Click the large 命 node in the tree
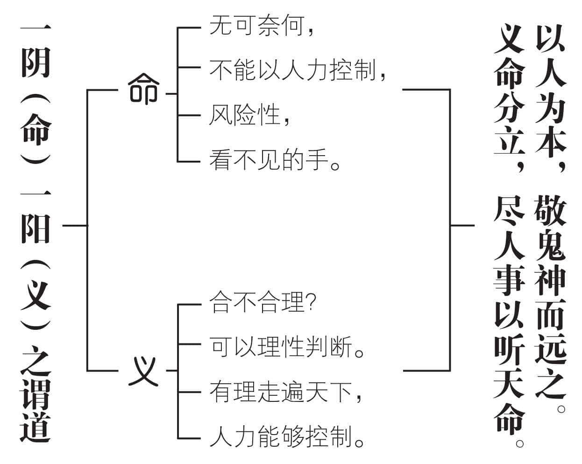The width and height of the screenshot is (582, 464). tap(143, 89)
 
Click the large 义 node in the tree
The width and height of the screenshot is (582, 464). tap(143, 371)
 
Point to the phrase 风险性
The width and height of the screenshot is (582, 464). tap(245, 115)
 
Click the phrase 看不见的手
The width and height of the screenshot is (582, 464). tap(269, 160)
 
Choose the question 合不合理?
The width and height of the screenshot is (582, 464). tap(263, 302)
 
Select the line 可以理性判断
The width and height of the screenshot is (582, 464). tap(281, 347)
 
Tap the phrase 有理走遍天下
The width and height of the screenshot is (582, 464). tap(281, 393)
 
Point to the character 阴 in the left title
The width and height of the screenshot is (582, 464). tap(35, 62)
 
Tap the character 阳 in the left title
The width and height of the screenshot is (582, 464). tap(35, 228)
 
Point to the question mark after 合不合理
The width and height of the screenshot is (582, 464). tap(312, 302)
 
